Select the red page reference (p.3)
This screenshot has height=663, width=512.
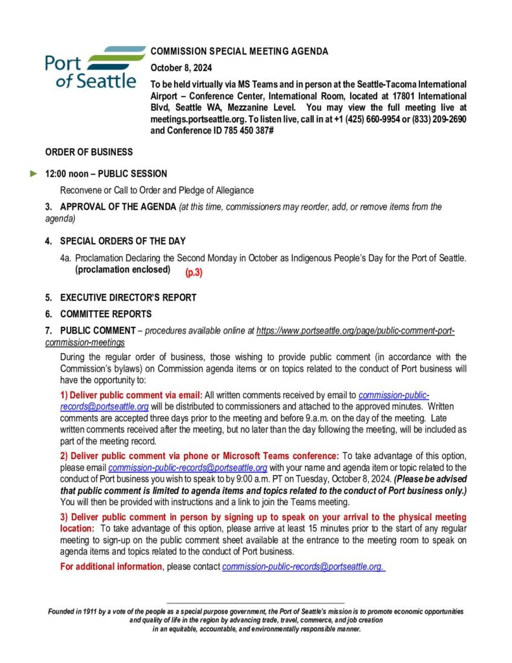[194, 273]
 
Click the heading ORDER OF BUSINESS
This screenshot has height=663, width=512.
[89, 152]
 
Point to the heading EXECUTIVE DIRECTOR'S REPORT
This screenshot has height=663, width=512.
[128, 298]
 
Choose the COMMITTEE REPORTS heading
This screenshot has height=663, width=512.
[106, 314]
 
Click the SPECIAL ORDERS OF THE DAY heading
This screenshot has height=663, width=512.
[122, 242]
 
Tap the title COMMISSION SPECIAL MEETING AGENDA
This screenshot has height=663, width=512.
[239, 52]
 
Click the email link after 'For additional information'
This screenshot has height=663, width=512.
[304, 567]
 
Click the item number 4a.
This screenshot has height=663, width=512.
[65, 258]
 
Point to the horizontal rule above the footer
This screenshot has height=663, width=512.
[256, 603]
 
